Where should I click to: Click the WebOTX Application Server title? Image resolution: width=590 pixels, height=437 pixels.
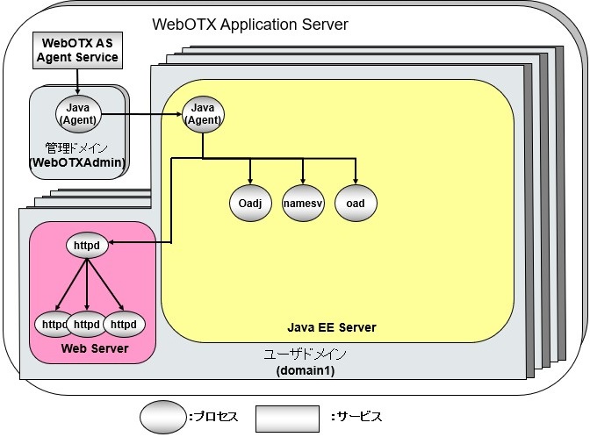pyautogui.click(x=250, y=24)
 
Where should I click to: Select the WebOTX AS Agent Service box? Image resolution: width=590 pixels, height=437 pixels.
pyautogui.click(x=78, y=51)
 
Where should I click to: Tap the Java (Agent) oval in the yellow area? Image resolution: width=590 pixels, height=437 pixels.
pyautogui.click(x=203, y=113)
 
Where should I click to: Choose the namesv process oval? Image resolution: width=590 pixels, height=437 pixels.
pyautogui.click(x=304, y=204)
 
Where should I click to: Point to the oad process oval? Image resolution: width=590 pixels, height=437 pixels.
pyautogui.click(x=356, y=204)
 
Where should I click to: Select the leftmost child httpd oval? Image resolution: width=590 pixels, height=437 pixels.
pyautogui.click(x=52, y=325)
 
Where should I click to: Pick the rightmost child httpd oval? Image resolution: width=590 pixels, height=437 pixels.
pyautogui.click(x=125, y=325)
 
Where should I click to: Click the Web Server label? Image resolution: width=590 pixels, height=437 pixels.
pyautogui.click(x=94, y=349)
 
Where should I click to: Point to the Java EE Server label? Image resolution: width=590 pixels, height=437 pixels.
pyautogui.click(x=332, y=327)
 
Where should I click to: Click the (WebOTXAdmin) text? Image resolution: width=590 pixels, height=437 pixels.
pyautogui.click(x=77, y=162)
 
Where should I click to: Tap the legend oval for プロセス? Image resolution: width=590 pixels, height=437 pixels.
pyautogui.click(x=163, y=417)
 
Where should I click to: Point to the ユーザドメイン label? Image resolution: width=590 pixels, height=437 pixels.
pyautogui.click(x=306, y=355)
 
